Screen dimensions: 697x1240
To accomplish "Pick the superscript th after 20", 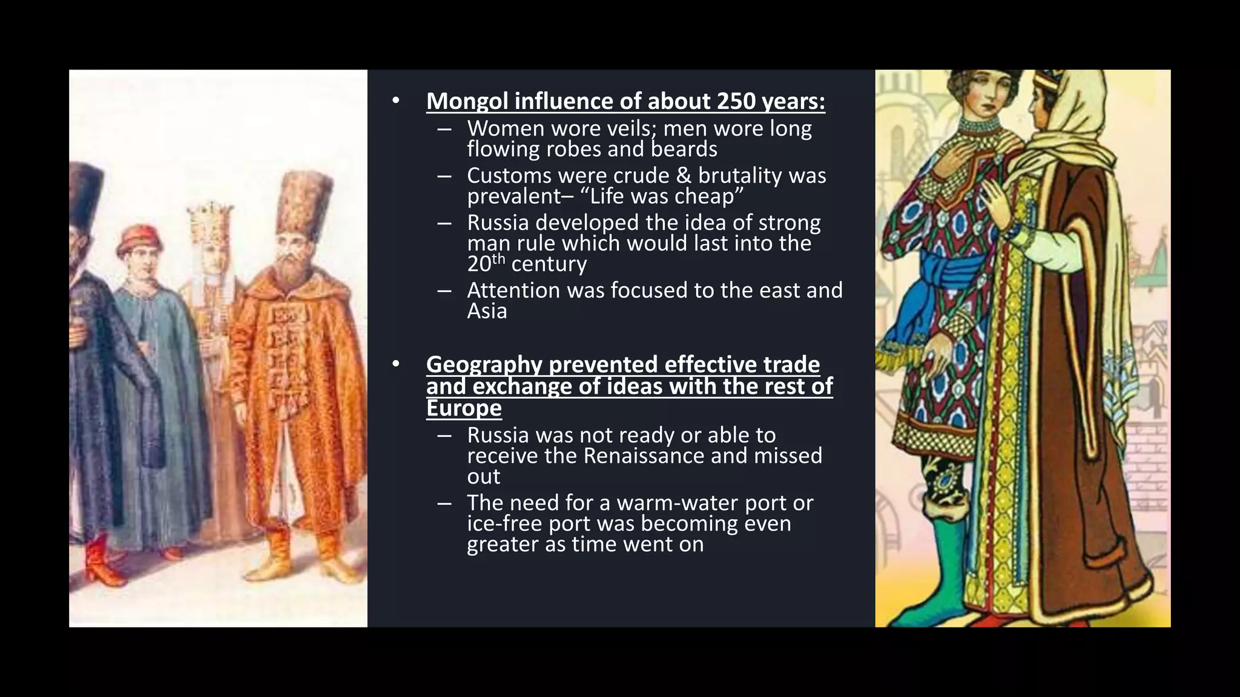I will (498, 258).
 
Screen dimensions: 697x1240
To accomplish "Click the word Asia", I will (487, 311).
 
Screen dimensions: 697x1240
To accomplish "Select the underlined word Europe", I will (464, 408).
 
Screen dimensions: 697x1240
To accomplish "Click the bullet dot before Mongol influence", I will (396, 101).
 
